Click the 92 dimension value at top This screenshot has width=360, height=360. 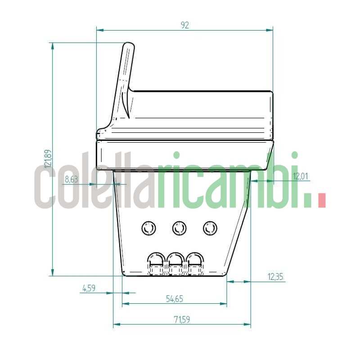184,25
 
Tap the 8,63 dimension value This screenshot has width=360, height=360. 71,179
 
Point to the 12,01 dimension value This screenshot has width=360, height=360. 301,176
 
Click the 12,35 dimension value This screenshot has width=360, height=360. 275,277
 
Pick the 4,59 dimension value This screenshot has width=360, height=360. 88,288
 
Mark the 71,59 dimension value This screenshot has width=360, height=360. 182,319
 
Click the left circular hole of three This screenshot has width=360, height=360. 148,229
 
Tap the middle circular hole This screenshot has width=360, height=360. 179,229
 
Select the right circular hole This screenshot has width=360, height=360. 210,229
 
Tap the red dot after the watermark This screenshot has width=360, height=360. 321,201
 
